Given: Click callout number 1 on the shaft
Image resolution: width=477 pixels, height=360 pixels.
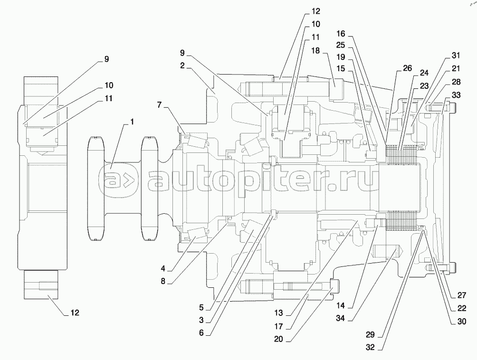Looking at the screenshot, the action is tap(132, 122).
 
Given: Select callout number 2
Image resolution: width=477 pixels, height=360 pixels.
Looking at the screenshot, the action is tap(182, 66).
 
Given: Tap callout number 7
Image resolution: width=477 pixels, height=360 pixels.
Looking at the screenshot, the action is tap(160, 105).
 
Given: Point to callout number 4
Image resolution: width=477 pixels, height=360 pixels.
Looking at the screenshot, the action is tap(163, 268).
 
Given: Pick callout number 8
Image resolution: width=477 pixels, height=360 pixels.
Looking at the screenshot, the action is tap(163, 281).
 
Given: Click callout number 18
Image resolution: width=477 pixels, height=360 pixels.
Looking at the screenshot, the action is tap(315, 50).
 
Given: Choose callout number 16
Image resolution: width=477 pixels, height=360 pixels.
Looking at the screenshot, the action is tap(341, 33).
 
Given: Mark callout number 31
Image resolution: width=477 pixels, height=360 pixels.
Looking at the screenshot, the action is tap(456, 56).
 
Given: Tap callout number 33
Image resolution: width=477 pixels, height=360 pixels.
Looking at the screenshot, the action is tap(456, 95).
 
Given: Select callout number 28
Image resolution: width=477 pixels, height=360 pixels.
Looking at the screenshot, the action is tap(456, 82).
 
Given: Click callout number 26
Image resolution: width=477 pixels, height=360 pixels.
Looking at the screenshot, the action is tap(407, 68).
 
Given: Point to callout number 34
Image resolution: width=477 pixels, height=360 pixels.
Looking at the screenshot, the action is tap(341, 318).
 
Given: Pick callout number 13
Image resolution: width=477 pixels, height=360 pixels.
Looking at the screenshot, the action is tap(278, 313).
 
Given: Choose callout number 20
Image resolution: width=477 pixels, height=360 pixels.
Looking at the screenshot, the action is tap(278, 339).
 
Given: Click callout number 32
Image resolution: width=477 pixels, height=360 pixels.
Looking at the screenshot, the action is tap(370, 348).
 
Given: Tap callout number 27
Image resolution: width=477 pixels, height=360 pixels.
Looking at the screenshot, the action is tap(462, 295).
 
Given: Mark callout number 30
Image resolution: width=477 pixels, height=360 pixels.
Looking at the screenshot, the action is tap(462, 322).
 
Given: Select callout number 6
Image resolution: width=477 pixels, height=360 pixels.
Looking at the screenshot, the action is tap(201, 333).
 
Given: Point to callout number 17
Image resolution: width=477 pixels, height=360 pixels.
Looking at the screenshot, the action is tap(278, 326).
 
